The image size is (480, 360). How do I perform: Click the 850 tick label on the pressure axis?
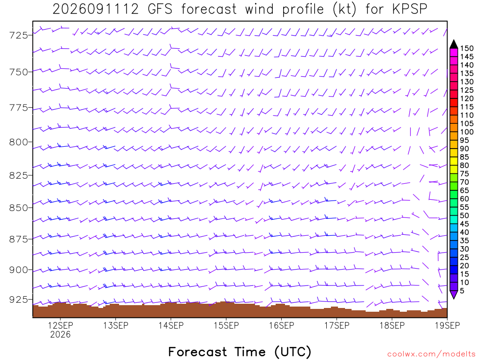[18, 208]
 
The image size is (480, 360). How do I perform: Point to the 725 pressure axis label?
[18, 35]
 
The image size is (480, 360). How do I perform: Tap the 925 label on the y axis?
[18, 300]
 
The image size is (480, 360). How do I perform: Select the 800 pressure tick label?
[18, 142]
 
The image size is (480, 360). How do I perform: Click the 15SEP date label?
[226, 325]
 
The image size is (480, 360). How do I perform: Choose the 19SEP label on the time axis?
[447, 325]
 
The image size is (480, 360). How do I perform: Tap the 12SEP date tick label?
[60, 325]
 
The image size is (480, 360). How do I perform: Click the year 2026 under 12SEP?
[60, 335]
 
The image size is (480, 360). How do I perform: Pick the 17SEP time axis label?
[337, 325]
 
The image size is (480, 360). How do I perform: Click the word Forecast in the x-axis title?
[197, 352]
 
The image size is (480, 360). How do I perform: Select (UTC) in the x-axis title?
[292, 352]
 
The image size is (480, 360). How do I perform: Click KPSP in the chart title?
[410, 9]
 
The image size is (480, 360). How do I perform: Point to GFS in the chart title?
[160, 9]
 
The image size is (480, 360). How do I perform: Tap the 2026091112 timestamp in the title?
[96, 9]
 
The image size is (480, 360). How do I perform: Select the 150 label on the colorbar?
[467, 48]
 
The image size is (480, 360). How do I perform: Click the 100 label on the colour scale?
[467, 132]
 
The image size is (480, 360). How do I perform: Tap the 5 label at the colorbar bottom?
[462, 291]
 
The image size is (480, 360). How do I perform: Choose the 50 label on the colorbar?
[465, 216]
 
